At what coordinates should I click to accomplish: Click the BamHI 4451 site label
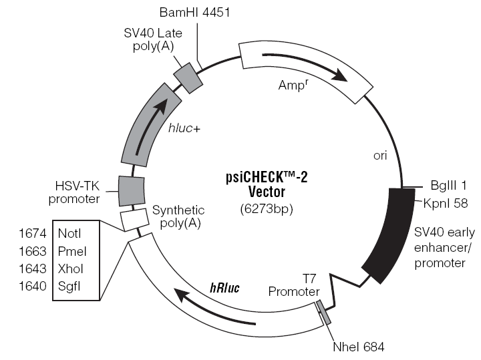click(x=194, y=13)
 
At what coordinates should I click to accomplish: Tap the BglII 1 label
click(x=448, y=185)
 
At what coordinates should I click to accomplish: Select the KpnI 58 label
click(x=446, y=203)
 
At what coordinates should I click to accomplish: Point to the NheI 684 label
click(x=358, y=347)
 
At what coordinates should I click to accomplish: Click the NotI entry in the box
click(x=69, y=233)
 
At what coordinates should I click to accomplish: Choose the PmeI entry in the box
click(x=72, y=251)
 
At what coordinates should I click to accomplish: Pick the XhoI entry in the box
click(x=70, y=268)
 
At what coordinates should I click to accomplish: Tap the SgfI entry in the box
click(x=69, y=286)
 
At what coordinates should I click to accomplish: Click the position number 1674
click(x=32, y=233)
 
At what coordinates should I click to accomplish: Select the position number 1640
click(x=32, y=286)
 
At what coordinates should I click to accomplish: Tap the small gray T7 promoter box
click(x=323, y=312)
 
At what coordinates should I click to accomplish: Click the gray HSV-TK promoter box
click(x=132, y=190)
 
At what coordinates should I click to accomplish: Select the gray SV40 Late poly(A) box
click(x=188, y=78)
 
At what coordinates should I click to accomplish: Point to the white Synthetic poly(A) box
click(x=134, y=220)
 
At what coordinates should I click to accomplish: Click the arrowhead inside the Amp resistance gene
click(x=340, y=75)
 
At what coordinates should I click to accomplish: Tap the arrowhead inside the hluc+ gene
click(x=162, y=105)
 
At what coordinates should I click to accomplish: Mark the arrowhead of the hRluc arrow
click(x=182, y=295)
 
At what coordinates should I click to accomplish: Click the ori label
click(x=380, y=156)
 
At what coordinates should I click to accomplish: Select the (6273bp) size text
click(x=267, y=209)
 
